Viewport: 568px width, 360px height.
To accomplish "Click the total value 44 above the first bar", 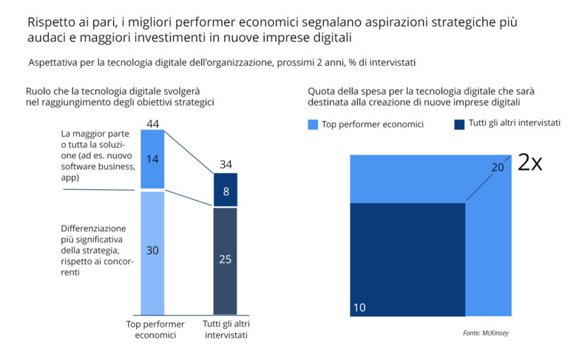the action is pos(152,124).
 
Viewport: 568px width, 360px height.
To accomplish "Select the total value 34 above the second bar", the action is pos(226,164).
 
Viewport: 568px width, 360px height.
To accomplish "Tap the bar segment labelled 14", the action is pos(152,159).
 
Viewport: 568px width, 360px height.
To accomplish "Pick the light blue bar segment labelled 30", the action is pos(152,253).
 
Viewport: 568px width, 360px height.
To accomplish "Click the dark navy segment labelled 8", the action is pos(226,190).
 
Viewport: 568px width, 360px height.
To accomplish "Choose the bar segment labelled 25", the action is pos(226,261).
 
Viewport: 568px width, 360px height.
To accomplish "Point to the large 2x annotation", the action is pos(530,162).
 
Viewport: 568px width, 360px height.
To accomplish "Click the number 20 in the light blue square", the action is pos(498,167).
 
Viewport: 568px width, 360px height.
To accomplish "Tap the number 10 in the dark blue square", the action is pos(359,308).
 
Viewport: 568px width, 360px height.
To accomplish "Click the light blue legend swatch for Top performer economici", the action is pos(313,125).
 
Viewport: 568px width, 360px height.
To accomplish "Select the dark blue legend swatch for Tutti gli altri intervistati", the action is pos(459,125).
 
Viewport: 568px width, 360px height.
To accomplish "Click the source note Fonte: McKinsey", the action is pos(485,333).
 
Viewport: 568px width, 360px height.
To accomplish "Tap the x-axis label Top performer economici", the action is pos(155,330).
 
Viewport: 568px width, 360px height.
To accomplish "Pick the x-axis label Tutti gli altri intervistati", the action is pos(226,330).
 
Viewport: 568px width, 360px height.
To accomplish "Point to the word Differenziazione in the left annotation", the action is pos(93,228).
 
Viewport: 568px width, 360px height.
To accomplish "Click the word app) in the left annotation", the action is pos(70,177).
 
